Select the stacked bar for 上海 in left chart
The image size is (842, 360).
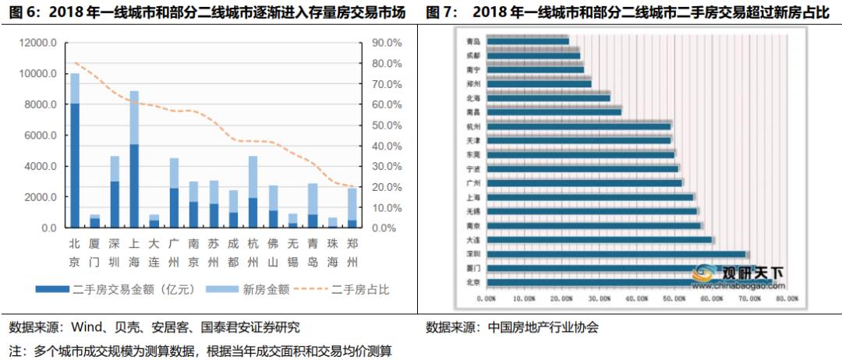click(x=134, y=160)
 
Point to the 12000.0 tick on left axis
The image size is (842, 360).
click(x=39, y=43)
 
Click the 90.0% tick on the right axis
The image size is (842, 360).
click(x=385, y=43)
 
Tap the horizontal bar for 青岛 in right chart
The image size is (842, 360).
click(x=528, y=41)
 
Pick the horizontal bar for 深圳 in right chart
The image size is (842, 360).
click(x=616, y=254)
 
